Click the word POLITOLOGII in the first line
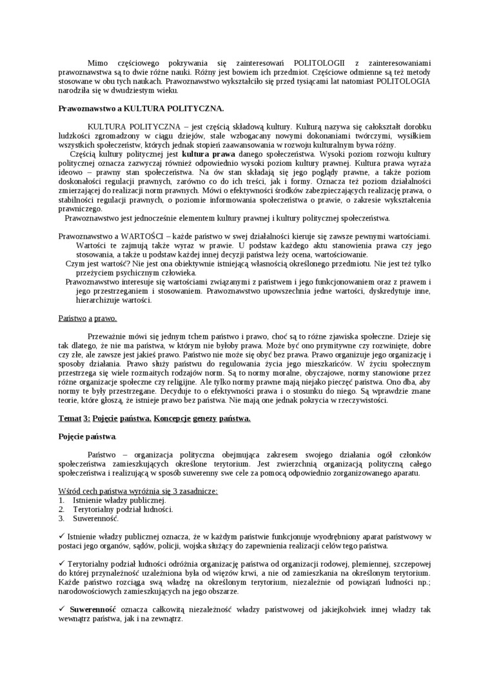click(x=319, y=62)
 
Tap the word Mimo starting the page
click(x=97, y=62)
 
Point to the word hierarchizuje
click(x=100, y=300)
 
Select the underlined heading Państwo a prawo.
click(x=88, y=318)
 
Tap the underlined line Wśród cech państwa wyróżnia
click(x=138, y=491)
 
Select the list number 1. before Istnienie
click(x=61, y=500)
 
